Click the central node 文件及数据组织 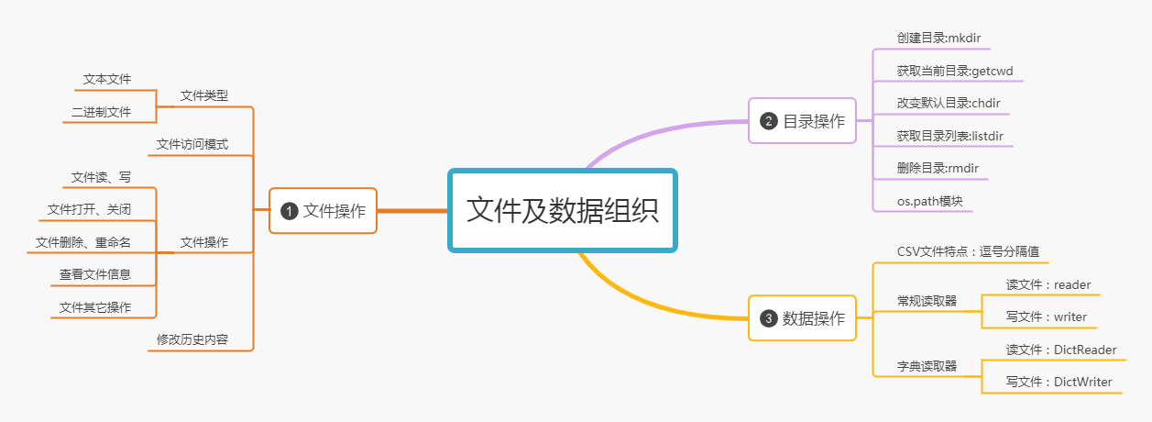pyautogui.click(x=562, y=210)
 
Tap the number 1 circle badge pyautogui.click(x=290, y=211)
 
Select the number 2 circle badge pyautogui.click(x=769, y=121)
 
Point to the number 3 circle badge pyautogui.click(x=769, y=318)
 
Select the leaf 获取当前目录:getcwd pyautogui.click(x=955, y=71)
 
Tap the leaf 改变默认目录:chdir pyautogui.click(x=949, y=103)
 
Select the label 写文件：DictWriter pyautogui.click(x=1059, y=382)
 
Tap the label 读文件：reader pyautogui.click(x=1048, y=284)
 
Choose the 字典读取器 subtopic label pyautogui.click(x=927, y=366)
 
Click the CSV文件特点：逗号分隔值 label pyautogui.click(x=967, y=251)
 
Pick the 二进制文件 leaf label pyautogui.click(x=101, y=112)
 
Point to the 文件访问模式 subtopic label pyautogui.click(x=192, y=144)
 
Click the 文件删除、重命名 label pyautogui.click(x=83, y=242)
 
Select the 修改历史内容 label pyautogui.click(x=192, y=339)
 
